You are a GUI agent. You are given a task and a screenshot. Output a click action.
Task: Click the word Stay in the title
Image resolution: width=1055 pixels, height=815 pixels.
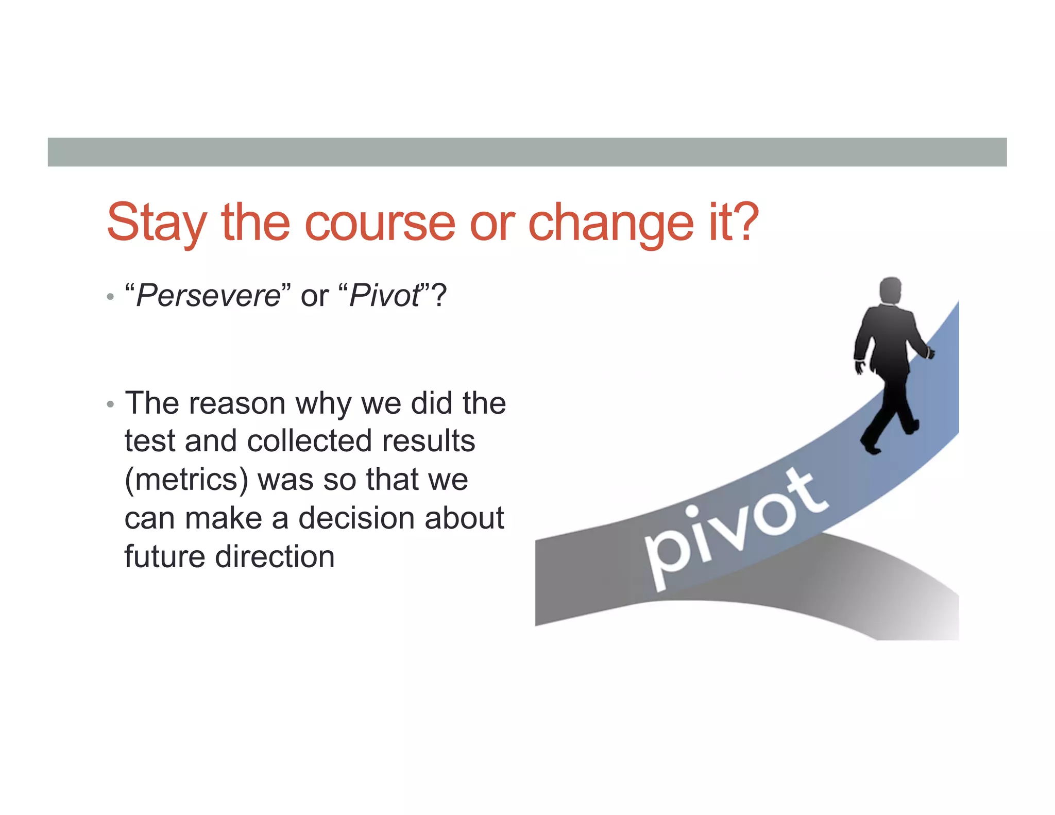(156, 223)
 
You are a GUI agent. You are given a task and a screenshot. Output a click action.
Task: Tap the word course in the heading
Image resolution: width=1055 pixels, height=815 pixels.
(380, 223)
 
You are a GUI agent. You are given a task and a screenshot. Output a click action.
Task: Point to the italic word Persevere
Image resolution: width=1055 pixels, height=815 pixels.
(208, 296)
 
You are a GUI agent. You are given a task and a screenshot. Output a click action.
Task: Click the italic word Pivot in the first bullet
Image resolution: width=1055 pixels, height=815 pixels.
(385, 296)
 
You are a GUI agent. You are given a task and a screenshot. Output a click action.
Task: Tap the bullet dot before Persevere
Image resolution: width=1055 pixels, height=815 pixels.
(110, 297)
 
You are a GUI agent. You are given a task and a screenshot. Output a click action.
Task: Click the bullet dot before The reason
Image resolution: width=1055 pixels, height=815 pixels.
(110, 404)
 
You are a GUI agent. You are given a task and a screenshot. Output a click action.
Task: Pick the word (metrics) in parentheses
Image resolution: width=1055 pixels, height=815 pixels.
(186, 480)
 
